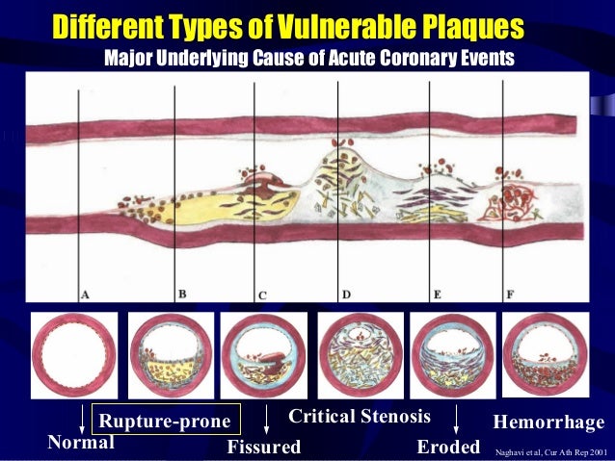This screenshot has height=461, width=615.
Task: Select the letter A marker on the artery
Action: tap(86, 295)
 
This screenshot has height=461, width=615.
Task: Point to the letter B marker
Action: tap(181, 295)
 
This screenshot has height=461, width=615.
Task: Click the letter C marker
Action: tap(261, 295)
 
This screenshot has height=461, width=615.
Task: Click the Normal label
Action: tap(80, 443)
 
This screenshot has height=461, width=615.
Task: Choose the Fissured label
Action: tap(263, 448)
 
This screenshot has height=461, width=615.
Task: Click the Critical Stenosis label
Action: tap(360, 418)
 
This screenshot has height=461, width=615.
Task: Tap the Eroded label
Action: tap(448, 448)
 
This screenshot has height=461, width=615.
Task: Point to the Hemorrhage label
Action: tap(548, 423)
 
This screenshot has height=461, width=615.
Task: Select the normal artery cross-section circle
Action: tap(73, 354)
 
